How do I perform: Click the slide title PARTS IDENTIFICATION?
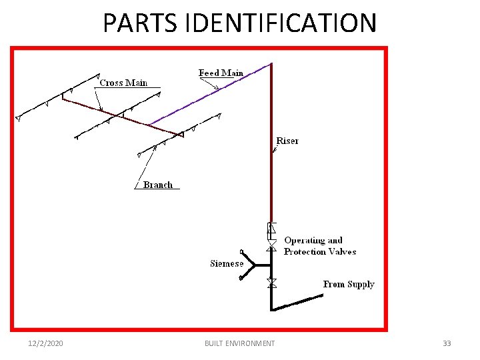(x=239, y=23)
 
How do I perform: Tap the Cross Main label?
(x=123, y=83)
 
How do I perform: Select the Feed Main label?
(x=221, y=73)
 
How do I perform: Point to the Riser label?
(x=287, y=141)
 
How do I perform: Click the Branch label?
(x=158, y=185)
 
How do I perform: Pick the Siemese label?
(x=227, y=263)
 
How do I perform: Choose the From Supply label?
(x=349, y=284)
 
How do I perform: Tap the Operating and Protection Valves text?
(x=320, y=246)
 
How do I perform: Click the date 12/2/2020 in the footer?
(x=46, y=343)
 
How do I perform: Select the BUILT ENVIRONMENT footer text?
(x=239, y=343)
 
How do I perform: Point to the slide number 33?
(x=447, y=343)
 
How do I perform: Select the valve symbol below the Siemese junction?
(x=271, y=283)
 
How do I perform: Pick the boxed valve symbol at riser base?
(x=271, y=231)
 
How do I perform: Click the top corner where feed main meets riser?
(x=271, y=64)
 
